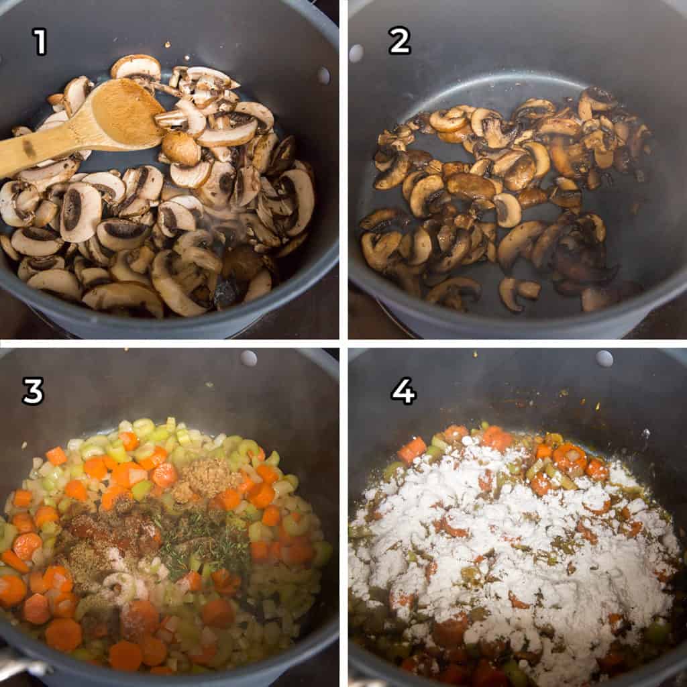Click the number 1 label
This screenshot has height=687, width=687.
click(40, 42)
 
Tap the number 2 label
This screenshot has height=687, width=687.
click(399, 41)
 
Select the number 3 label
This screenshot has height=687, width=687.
click(33, 391)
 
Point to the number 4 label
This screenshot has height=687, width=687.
click(403, 391)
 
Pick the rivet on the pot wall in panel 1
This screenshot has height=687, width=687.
click(323, 75)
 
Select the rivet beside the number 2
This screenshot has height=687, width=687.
click(356, 53)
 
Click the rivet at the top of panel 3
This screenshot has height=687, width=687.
click(249, 358)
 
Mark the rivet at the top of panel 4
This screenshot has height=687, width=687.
click(604, 359)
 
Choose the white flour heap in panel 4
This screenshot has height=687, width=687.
click(517, 537)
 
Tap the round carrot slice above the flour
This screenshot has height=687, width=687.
click(569, 456)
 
